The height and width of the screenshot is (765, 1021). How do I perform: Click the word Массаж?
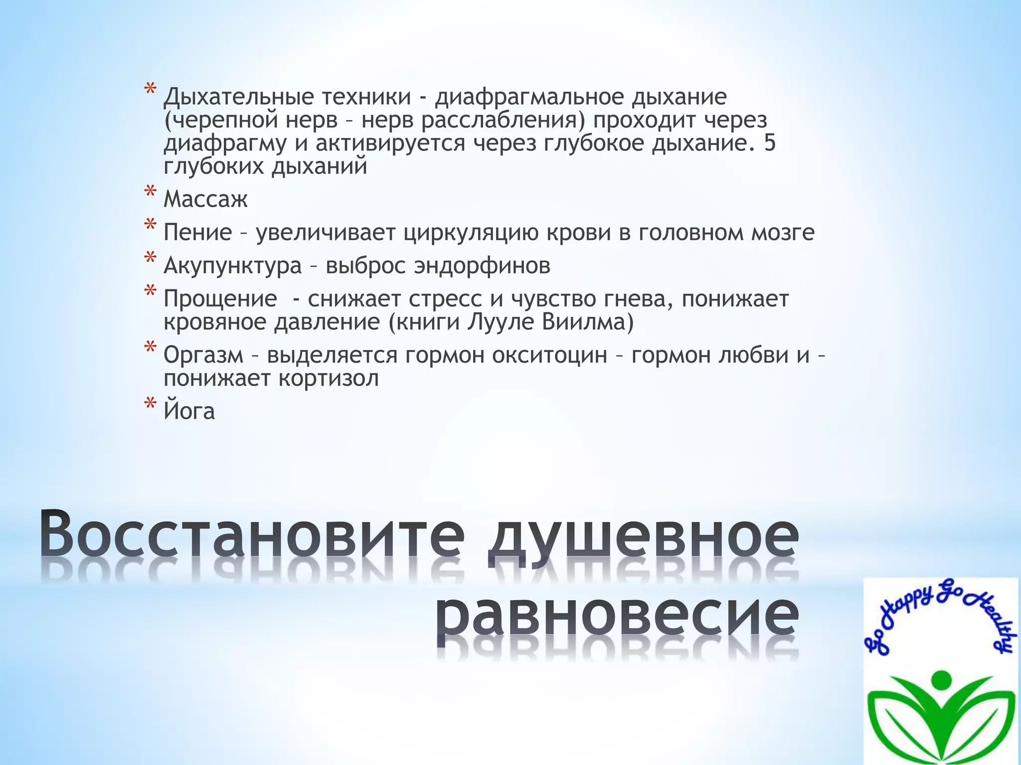205,200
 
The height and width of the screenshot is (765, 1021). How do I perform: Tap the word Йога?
189,411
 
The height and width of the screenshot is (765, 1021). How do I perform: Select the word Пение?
198,233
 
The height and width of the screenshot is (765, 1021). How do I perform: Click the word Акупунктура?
233,266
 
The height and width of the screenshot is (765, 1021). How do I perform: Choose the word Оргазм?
203,355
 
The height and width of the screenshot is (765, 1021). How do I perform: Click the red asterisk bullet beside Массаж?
150,194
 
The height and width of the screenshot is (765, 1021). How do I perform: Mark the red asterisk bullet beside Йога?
150,404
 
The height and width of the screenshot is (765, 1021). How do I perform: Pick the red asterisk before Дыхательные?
150,91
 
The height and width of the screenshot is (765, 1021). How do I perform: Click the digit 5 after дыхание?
770,143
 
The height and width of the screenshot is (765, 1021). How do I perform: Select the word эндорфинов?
482,266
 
